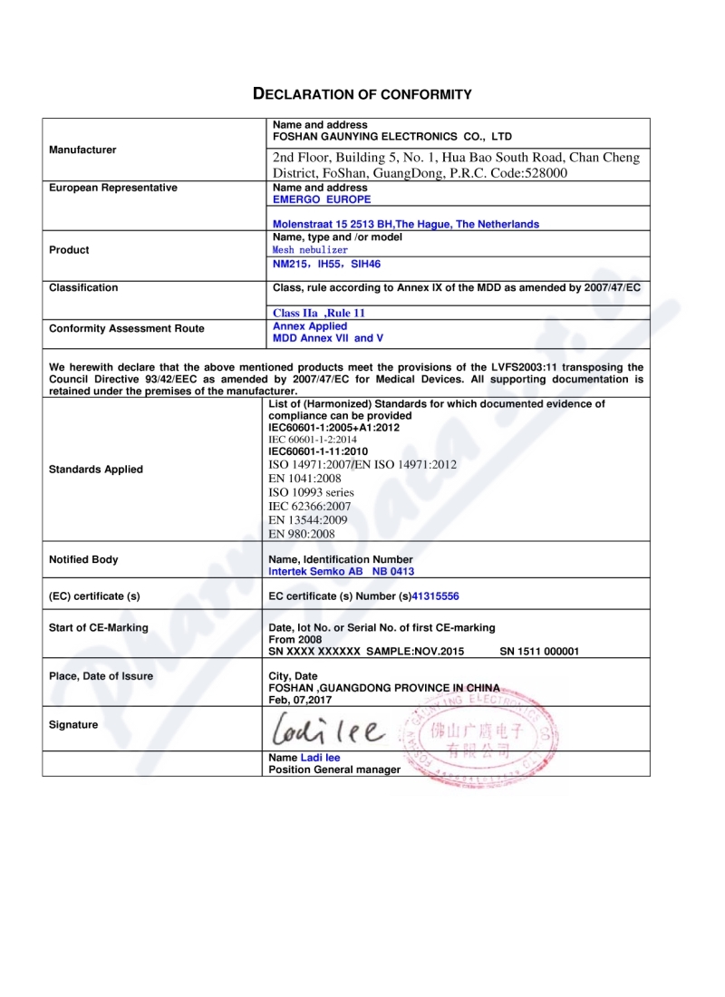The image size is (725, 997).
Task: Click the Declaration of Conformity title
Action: [362, 94]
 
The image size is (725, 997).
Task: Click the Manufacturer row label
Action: [82, 150]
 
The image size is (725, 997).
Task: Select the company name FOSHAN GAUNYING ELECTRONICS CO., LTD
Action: [392, 137]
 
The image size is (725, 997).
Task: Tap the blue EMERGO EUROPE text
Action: [322, 198]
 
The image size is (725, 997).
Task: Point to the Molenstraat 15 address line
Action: [406, 224]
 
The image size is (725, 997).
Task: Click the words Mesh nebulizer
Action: [310, 249]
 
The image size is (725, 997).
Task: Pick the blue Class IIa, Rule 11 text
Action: [319, 313]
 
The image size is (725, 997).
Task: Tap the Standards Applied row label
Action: [95, 469]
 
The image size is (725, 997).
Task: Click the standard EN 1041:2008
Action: [304, 478]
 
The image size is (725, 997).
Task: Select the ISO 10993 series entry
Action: [311, 492]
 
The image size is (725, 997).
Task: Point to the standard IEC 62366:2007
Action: [310, 506]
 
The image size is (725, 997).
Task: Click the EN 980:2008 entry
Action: [302, 534]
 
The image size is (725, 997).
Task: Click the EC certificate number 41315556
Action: [442, 596]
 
